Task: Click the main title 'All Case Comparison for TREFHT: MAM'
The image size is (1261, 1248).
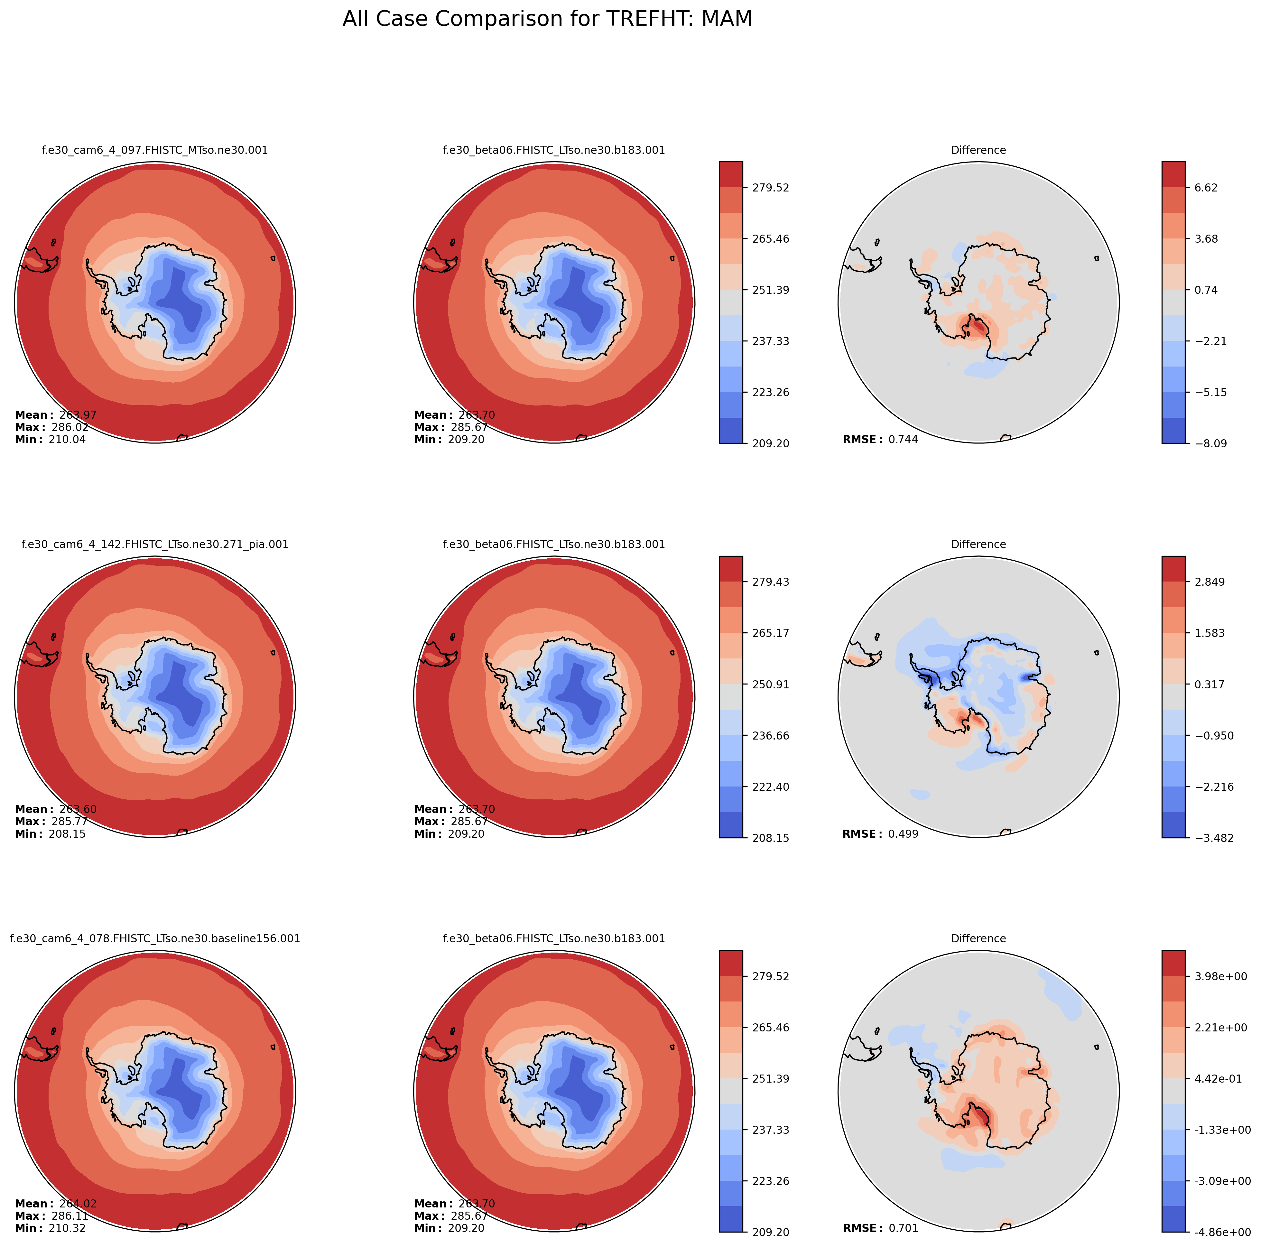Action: (x=547, y=19)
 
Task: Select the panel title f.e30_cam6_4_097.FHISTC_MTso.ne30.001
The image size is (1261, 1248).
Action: (x=155, y=150)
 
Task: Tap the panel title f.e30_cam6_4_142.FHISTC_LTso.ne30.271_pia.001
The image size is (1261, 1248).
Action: (x=155, y=545)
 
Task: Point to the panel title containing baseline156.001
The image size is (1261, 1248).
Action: (x=155, y=939)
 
